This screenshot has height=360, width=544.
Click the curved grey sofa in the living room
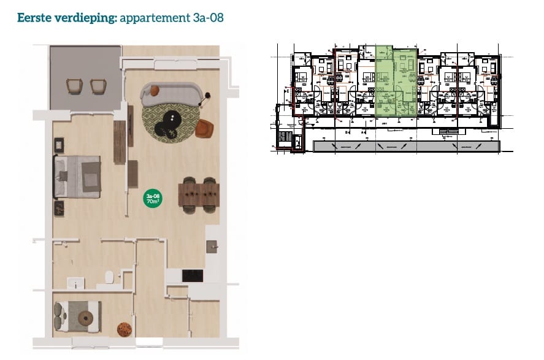click(172, 93)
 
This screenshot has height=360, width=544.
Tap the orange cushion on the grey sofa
click(155, 91)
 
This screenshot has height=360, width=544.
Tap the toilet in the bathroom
click(110, 277)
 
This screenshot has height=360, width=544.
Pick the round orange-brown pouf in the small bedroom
click(125, 329)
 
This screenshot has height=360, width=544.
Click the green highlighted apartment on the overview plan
click(396, 80)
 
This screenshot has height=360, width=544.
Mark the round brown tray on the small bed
click(86, 318)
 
